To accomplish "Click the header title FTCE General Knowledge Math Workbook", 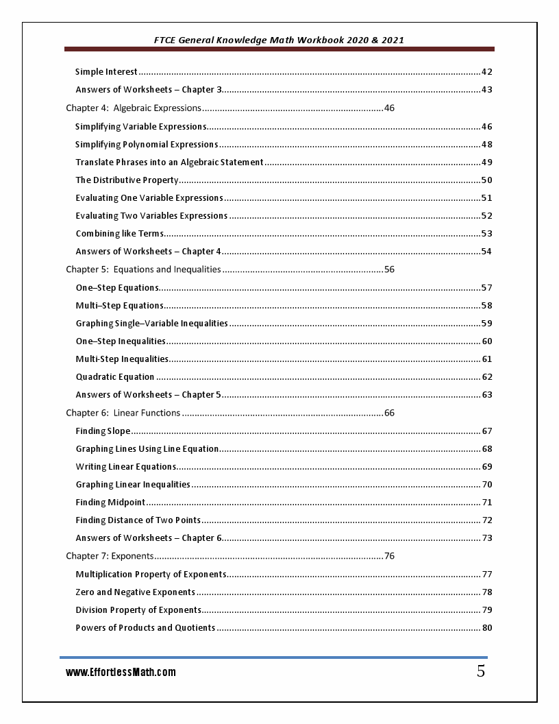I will tap(279, 40).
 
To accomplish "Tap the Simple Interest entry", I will tap(106, 72).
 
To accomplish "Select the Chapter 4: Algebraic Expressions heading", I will tap(134, 108).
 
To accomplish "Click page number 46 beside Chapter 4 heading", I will tap(390, 108).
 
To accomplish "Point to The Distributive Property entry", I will tap(127, 180).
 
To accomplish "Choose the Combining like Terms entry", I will tap(120, 234).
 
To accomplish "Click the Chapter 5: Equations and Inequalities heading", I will tap(143, 269).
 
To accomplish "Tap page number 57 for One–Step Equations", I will tap(486, 288).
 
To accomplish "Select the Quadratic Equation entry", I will tap(115, 377).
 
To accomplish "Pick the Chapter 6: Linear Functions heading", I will tap(123, 413).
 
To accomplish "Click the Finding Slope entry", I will tap(103, 431).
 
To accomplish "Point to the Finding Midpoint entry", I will tap(110, 503).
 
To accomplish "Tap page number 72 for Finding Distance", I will tap(487, 520).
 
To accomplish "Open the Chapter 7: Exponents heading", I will tap(110, 556).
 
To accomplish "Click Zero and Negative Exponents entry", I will tap(135, 592).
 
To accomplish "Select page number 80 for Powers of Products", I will tap(487, 628).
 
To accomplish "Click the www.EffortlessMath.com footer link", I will tap(121, 673).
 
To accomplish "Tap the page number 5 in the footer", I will tap(481, 672).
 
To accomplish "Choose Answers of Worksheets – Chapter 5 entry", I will tap(149, 395).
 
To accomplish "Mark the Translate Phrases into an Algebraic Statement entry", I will tap(169, 162).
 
